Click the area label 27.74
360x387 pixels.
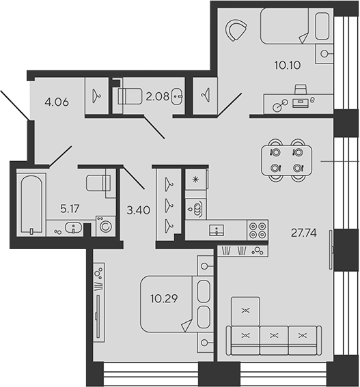click(x=303, y=233)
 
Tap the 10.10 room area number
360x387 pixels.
click(x=288, y=65)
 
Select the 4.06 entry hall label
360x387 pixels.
click(x=57, y=102)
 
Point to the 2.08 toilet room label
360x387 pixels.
click(x=157, y=96)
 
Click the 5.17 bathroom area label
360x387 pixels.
click(x=70, y=209)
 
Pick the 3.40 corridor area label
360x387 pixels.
click(x=139, y=210)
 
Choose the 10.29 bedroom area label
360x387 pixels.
click(x=164, y=299)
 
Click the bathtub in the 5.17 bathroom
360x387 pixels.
click(x=31, y=204)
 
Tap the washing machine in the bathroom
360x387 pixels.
click(x=106, y=226)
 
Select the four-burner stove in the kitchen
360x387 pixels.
click(x=258, y=230)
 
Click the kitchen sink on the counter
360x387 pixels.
click(x=217, y=230)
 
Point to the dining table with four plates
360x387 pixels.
click(x=286, y=160)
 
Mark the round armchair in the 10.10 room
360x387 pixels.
click(x=235, y=30)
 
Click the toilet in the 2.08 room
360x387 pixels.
click(x=130, y=96)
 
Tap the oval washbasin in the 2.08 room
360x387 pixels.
click(x=177, y=96)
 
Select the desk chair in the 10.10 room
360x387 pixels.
click(x=301, y=89)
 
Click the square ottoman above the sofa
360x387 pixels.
click(x=245, y=311)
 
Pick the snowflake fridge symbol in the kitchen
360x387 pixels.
click(x=195, y=180)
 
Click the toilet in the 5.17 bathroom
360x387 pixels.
click(x=98, y=183)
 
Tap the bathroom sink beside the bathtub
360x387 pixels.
click(x=73, y=227)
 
